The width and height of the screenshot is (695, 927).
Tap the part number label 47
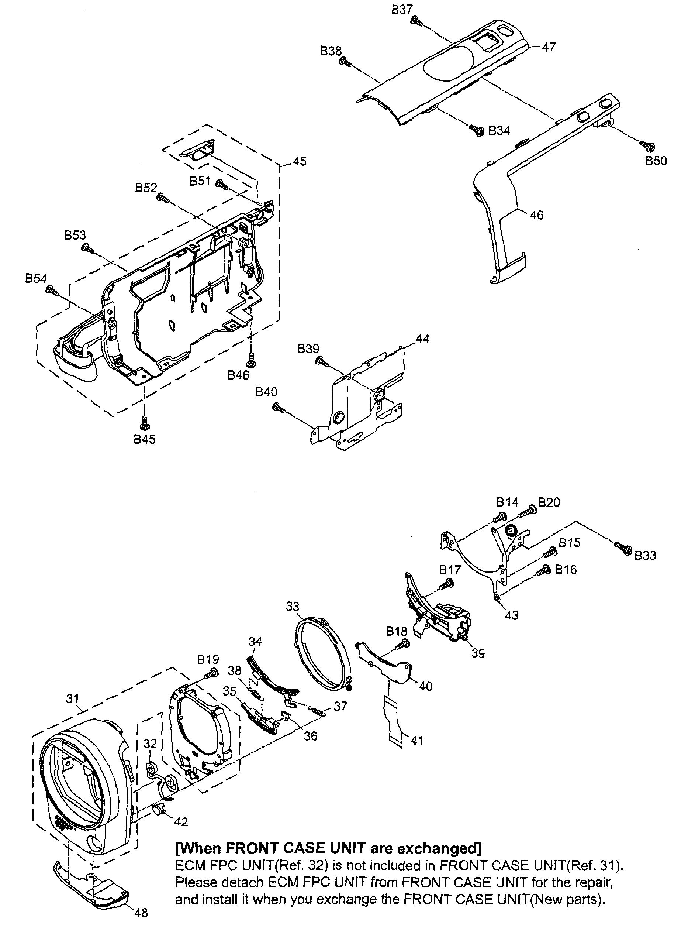[549, 47]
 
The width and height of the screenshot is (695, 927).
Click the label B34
[499, 131]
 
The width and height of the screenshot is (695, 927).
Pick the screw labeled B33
[623, 548]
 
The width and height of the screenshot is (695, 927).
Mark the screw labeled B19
[211, 674]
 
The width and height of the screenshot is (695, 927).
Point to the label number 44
[422, 338]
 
